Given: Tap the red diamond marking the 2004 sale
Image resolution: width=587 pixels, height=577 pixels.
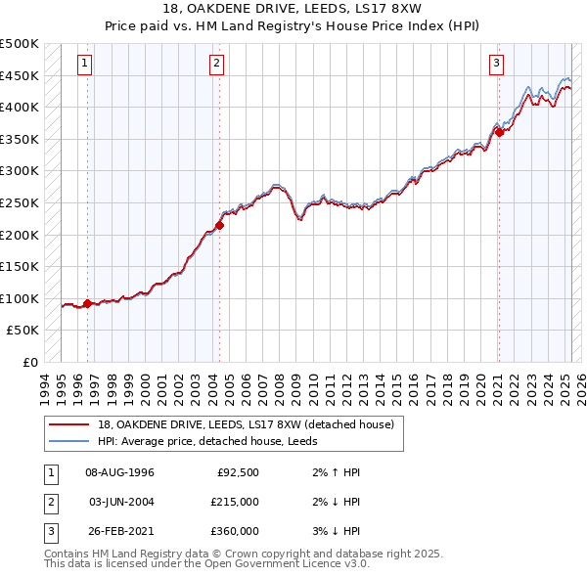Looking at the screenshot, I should pos(219,225).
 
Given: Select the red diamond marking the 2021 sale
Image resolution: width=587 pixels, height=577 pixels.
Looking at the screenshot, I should pos(499,132).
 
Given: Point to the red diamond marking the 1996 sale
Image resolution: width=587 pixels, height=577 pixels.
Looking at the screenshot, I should pos(88,303).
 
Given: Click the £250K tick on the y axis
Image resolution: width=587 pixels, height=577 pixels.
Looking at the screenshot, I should pos(20,202).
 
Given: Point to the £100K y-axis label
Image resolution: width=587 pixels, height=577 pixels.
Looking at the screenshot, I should pos(20,298).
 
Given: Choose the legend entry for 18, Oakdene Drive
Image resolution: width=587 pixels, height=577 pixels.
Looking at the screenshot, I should pos(245,424).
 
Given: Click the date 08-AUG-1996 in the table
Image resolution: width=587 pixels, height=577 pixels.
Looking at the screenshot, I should pos(119,472).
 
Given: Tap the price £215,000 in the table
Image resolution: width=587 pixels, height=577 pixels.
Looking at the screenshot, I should pos(235,502).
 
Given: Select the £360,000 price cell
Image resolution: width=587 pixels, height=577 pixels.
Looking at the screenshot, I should pos(235,531).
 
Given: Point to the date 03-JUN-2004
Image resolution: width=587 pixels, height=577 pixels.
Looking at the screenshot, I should pos(119,502).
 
